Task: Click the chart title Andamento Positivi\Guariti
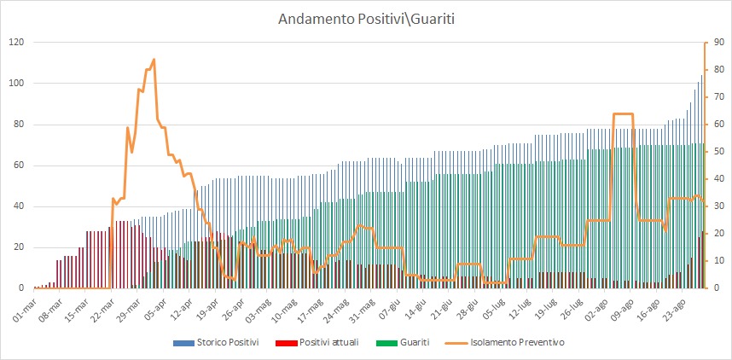pyautogui.click(x=366, y=18)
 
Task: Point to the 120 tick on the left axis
pyautogui.click(x=15, y=42)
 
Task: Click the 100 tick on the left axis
pyautogui.click(x=15, y=83)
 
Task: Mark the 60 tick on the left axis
pyautogui.click(x=18, y=165)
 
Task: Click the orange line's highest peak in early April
pyautogui.click(x=154, y=60)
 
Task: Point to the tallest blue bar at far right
pyautogui.click(x=701, y=77)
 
